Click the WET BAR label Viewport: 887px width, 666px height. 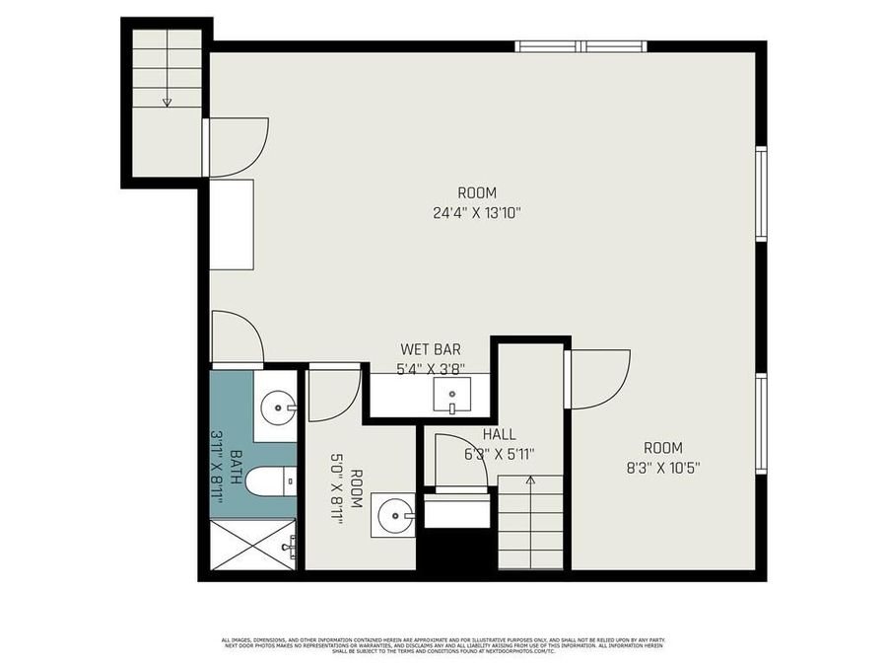[430, 349]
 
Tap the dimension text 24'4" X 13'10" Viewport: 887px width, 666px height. [476, 211]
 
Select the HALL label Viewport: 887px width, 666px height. [500, 435]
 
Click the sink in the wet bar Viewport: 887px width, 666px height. [452, 397]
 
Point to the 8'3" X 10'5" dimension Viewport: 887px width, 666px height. [662, 467]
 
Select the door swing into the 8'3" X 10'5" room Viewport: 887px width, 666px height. [600, 380]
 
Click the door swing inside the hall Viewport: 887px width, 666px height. [460, 459]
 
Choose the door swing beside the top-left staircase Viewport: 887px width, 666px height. [237, 147]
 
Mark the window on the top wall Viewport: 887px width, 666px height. [581, 45]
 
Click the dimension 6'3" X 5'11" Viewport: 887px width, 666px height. [499, 454]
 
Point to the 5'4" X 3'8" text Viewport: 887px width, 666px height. [430, 368]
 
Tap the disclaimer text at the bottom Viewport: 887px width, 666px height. [443, 645]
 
